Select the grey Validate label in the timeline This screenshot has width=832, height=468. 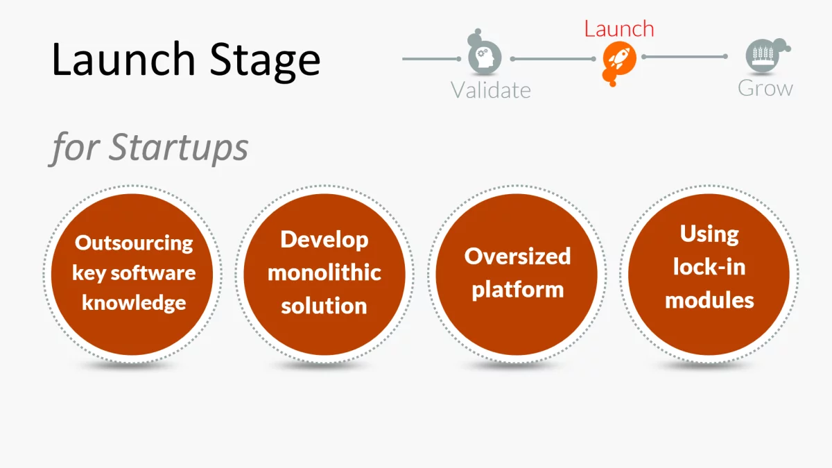point(490,90)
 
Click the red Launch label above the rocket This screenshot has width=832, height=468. point(618,29)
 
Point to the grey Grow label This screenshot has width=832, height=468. point(765,88)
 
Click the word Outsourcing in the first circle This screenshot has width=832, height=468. point(134,243)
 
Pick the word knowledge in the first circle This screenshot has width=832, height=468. point(134,302)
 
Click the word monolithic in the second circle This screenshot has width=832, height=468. point(324,272)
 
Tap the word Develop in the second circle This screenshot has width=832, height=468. point(324,240)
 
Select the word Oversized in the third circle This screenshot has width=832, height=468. point(517,256)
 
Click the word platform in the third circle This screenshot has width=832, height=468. point(517,289)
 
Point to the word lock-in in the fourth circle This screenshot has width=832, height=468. point(709,267)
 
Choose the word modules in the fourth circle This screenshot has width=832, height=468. point(709,300)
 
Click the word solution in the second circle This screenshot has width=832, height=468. point(324,305)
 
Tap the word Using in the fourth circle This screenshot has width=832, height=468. point(709,234)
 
